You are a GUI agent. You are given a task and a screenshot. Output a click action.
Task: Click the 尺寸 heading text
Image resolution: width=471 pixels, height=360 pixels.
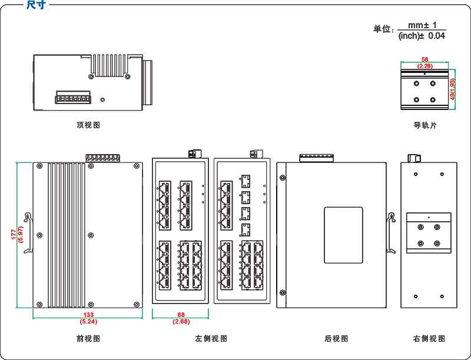tap(36, 5)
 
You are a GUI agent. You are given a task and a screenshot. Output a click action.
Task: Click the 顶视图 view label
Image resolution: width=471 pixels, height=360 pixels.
tap(88, 125)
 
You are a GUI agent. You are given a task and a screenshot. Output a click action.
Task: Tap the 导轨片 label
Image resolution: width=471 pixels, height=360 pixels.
tap(425, 125)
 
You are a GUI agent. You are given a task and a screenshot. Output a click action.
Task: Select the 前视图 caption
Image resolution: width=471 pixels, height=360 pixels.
tap(88, 338)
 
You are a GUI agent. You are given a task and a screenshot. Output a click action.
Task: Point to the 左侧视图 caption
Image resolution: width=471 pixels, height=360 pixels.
tap(211, 338)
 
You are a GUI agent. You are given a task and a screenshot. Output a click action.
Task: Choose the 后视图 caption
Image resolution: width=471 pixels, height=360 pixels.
tap(336, 338)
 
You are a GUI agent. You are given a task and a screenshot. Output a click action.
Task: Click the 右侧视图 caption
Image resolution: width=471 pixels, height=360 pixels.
tap(429, 338)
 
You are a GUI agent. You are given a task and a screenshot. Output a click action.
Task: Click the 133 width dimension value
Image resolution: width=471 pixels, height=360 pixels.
tap(88, 315)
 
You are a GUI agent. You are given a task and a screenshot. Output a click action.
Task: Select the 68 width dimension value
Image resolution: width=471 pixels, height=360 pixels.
tap(181, 315)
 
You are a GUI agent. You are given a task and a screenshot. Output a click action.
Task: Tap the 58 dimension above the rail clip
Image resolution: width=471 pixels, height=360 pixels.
tap(425, 59)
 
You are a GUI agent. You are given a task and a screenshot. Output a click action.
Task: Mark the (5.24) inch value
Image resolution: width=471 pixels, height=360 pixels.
tap(88, 322)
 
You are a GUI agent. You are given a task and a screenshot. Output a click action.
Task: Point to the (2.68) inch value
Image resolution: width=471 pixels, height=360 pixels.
tap(181, 322)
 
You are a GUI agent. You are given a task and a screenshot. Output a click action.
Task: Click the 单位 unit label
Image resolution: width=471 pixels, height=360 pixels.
tap(383, 29)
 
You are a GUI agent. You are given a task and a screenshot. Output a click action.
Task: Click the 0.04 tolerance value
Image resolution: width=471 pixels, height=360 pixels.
tap(436, 36)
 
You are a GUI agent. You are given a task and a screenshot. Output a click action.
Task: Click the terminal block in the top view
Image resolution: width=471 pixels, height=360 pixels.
tap(73, 98)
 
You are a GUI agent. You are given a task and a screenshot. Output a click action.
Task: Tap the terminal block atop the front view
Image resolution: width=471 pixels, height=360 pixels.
tap(102, 158)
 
